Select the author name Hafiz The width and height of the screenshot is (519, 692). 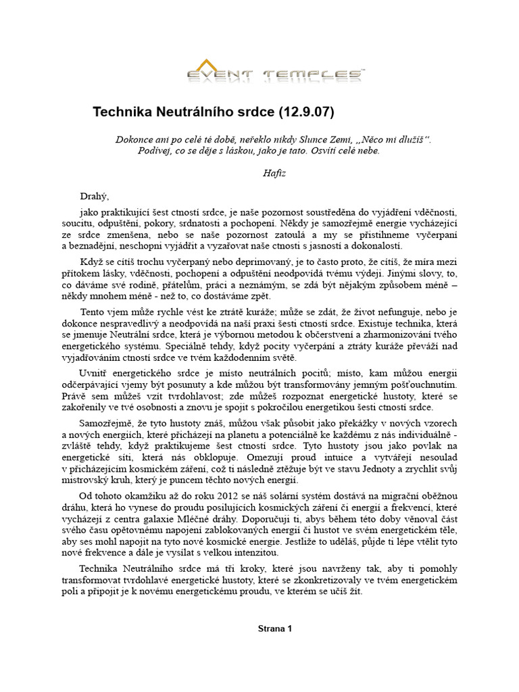(x=274, y=173)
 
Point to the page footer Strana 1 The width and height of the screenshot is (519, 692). (x=274, y=628)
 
